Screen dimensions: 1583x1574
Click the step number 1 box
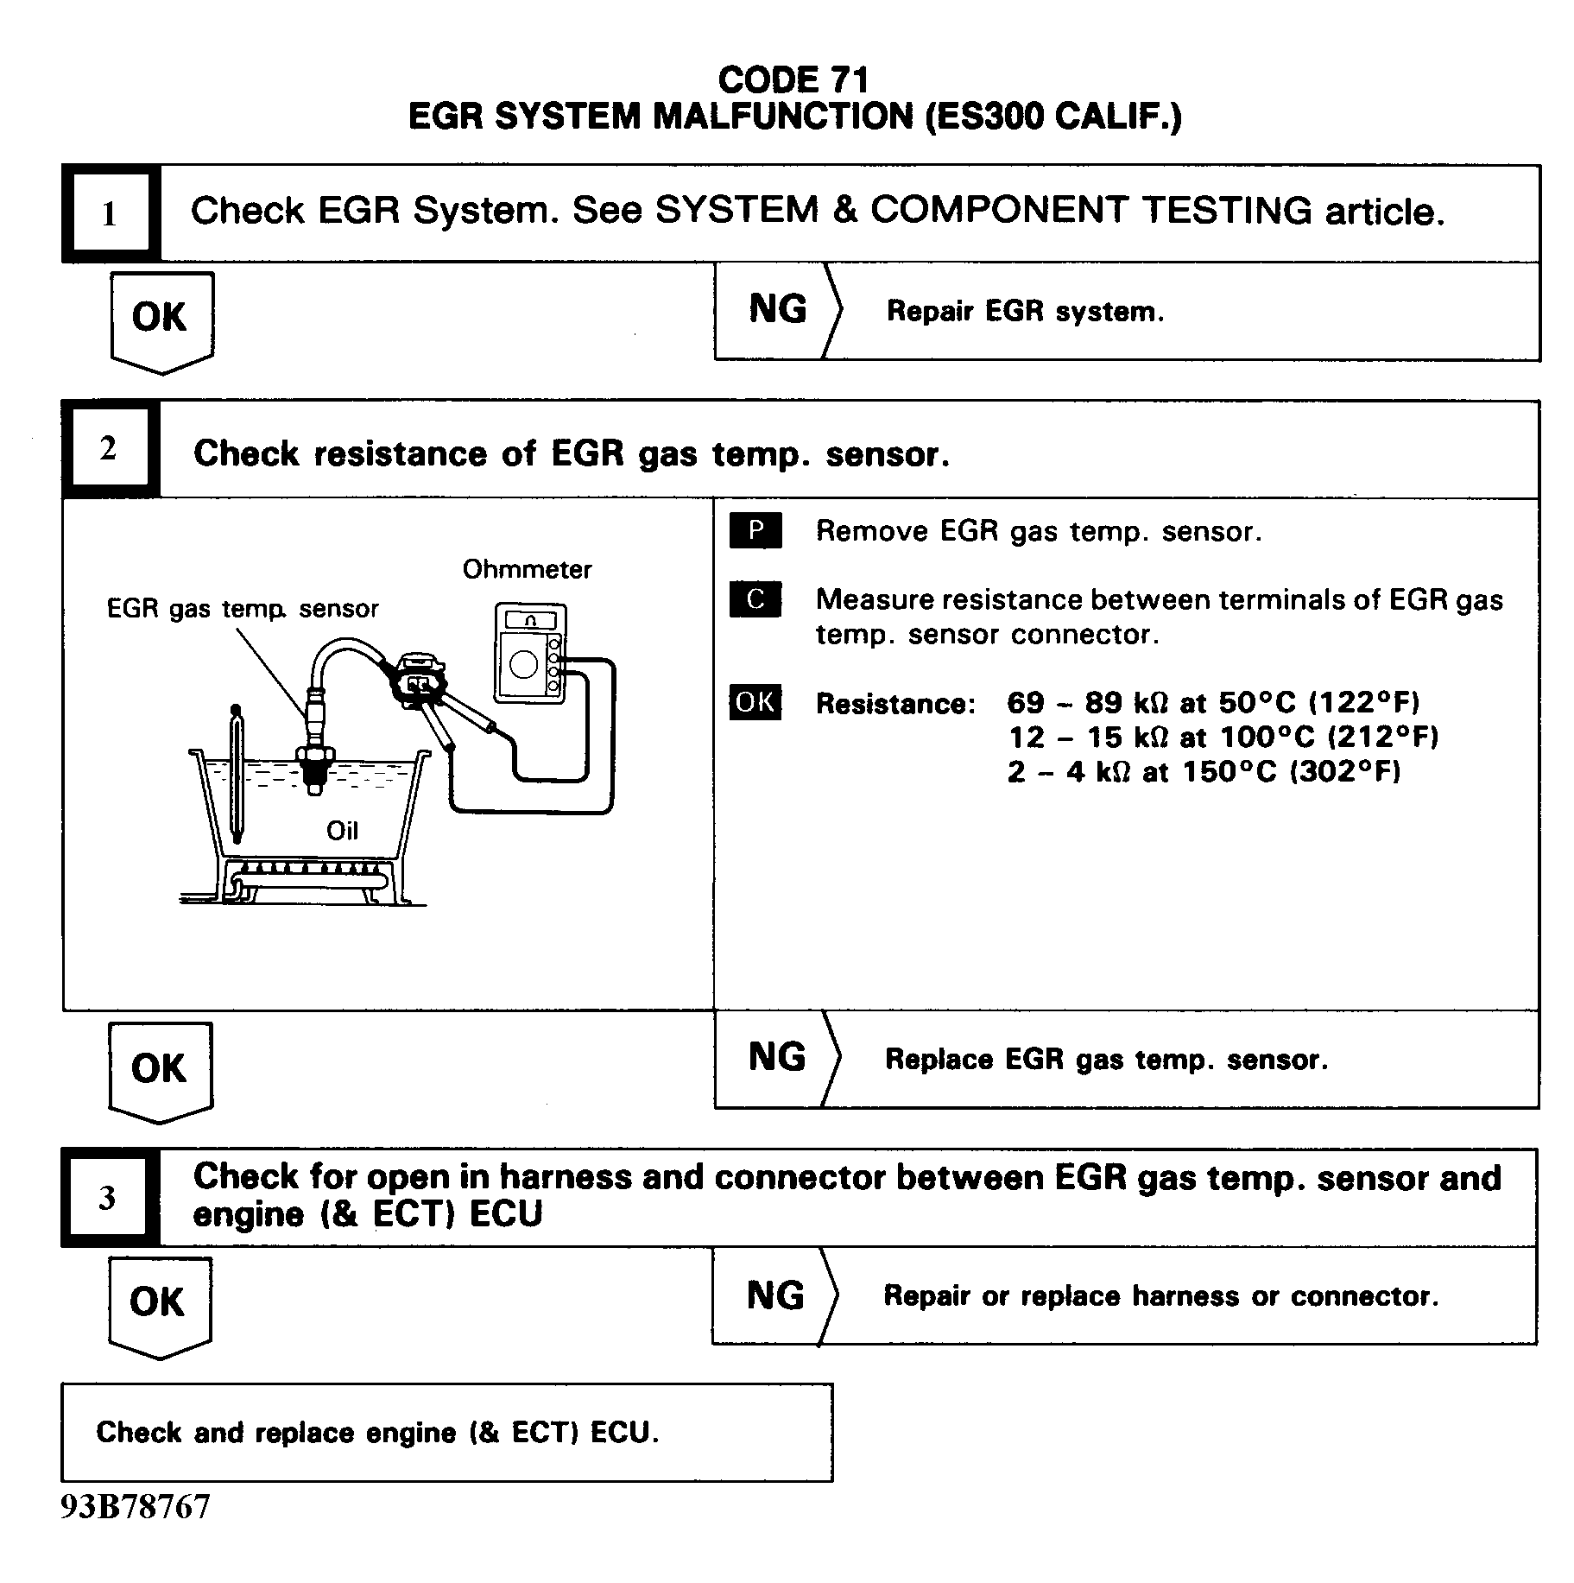click(110, 213)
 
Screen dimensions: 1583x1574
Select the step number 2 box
click(109, 448)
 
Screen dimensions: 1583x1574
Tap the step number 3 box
click(108, 1197)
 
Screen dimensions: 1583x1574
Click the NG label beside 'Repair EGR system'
click(777, 309)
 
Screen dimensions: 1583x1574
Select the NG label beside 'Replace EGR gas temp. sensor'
click(776, 1058)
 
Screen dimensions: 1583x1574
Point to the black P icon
click(755, 530)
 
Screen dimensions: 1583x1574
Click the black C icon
click(755, 599)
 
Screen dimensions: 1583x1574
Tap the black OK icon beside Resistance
click(755, 703)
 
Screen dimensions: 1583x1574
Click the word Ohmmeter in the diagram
click(527, 569)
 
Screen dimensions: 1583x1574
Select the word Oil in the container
click(342, 831)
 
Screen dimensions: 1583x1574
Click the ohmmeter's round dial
click(523, 664)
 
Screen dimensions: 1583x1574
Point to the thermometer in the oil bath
click(236, 773)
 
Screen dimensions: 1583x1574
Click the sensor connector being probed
click(418, 683)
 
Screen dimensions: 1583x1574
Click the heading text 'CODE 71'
click(793, 80)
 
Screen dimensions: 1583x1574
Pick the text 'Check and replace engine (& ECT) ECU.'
click(377, 1433)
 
